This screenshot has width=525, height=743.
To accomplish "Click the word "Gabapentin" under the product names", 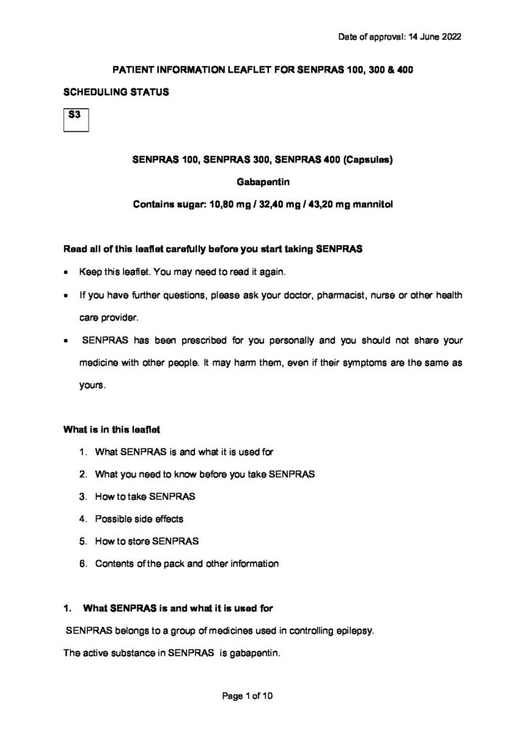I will (x=262, y=183).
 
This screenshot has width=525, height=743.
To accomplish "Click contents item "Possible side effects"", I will (x=139, y=519).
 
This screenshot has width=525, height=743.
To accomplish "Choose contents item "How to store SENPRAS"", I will (x=147, y=541).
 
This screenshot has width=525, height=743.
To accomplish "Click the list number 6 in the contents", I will (x=83, y=564).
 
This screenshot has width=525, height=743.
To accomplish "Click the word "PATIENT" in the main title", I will (x=132, y=69).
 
